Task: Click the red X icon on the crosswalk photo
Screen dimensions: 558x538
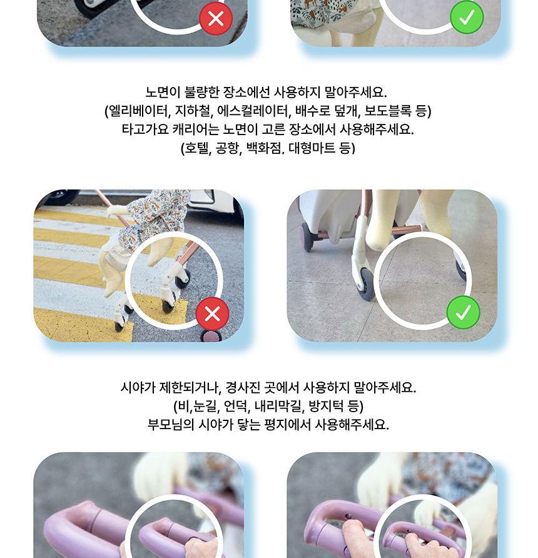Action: pos(212,313)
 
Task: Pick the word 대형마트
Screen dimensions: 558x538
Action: pos(312,148)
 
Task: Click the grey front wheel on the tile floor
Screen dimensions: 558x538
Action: pos(366,285)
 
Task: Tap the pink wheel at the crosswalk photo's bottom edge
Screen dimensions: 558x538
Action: pos(212,336)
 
